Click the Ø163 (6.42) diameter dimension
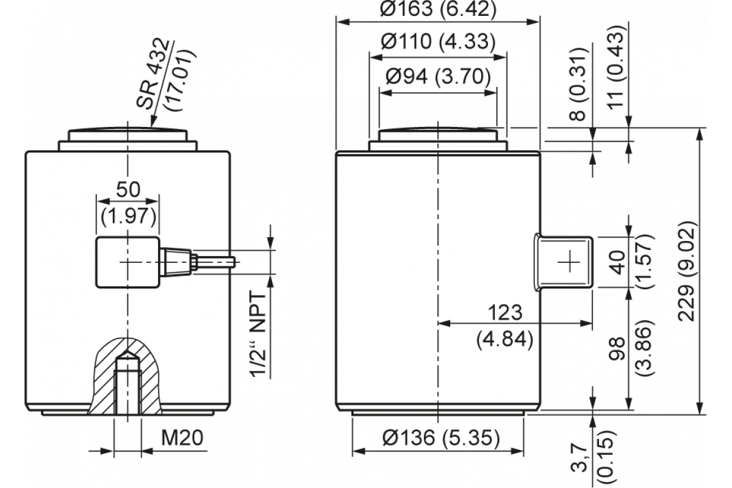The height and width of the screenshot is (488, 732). click(437, 9)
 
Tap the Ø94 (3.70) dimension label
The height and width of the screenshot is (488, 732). click(437, 77)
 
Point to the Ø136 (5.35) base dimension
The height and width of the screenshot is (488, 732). click(437, 437)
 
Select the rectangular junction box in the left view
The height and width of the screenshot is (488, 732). click(127, 262)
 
